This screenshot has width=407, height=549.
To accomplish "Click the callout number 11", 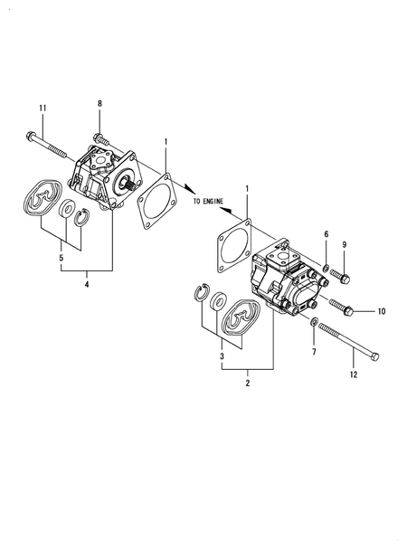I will pos(42,109).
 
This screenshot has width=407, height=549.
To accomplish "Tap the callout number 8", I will pos(99,105).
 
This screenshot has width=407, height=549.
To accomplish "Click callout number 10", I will pos(381,311).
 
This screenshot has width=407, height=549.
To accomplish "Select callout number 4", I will pos(87,286).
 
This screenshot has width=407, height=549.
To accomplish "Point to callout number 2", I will pos(248,384).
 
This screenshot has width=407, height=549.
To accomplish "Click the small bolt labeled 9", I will pos(341,272).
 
